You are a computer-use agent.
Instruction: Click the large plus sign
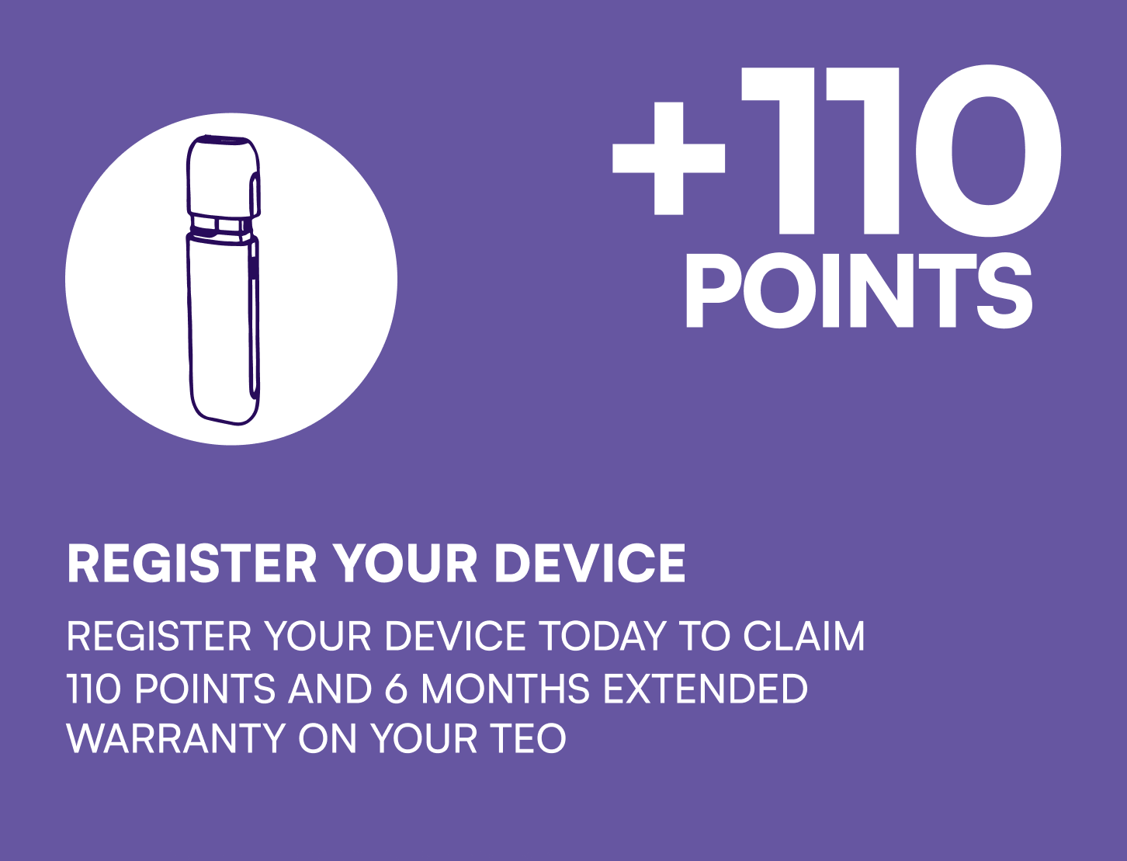pyautogui.click(x=668, y=158)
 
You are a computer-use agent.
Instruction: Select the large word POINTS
pyautogui.click(x=858, y=290)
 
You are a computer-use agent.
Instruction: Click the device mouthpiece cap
pyautogui.click(x=224, y=175)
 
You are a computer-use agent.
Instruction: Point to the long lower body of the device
pyautogui.click(x=223, y=329)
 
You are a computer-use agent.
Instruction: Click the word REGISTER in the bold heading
pyautogui.click(x=192, y=564)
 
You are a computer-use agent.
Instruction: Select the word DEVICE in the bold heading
pyautogui.click(x=589, y=564)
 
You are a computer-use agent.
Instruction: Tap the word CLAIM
pyautogui.click(x=803, y=636)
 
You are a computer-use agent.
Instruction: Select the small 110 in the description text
pyautogui.click(x=94, y=688)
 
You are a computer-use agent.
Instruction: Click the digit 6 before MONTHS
pyautogui.click(x=396, y=688)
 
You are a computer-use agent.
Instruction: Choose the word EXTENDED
pyautogui.click(x=706, y=688)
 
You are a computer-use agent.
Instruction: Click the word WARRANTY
pyautogui.click(x=176, y=738)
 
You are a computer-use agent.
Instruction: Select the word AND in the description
pyautogui.click(x=330, y=688)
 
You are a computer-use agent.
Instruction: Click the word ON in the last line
pyautogui.click(x=328, y=738)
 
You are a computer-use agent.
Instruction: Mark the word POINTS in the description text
pyautogui.click(x=206, y=688)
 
